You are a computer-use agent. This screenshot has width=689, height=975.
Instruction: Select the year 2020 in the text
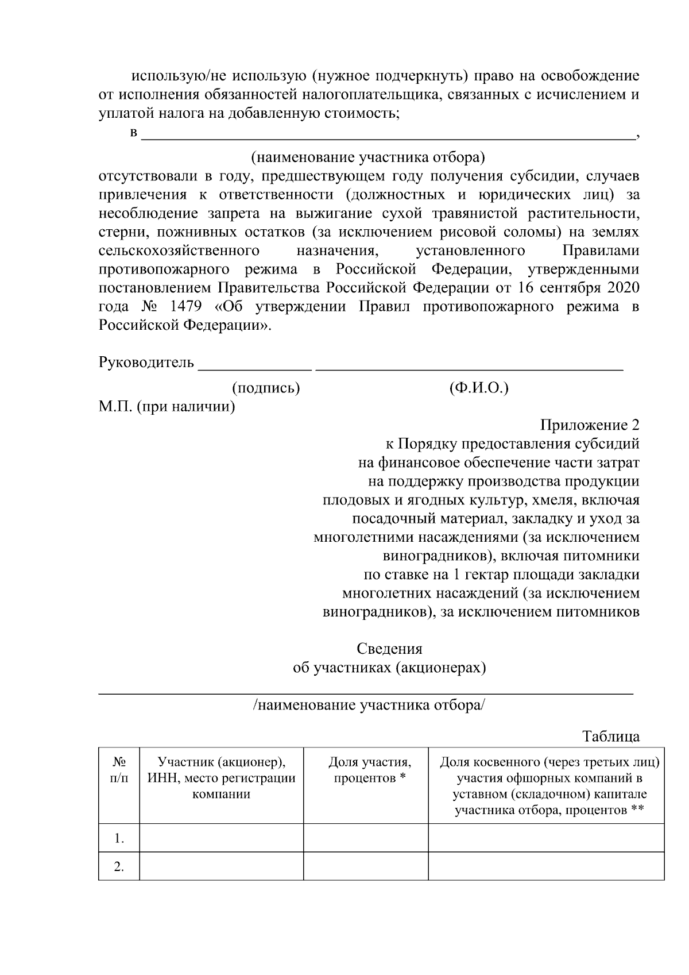[x=622, y=287]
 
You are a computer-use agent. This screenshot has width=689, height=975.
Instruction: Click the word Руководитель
[x=146, y=363]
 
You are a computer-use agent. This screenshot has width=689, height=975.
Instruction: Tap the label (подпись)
[x=266, y=388]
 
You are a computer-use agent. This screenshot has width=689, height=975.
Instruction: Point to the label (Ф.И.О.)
[x=479, y=388]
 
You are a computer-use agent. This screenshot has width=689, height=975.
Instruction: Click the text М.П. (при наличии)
[x=167, y=407]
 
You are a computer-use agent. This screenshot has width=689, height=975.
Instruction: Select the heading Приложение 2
[x=589, y=425]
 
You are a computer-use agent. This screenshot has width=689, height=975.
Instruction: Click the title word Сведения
[x=389, y=649]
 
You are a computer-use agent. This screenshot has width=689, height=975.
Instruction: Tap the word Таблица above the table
[x=611, y=736]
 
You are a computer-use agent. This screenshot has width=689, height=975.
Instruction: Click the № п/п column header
[x=119, y=770]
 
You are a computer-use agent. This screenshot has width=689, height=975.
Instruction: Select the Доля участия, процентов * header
[x=370, y=770]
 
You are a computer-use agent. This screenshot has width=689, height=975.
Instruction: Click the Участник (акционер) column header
[x=222, y=778]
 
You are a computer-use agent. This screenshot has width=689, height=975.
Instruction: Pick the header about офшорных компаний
[x=549, y=786]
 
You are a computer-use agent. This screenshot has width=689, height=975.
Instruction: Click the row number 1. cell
[x=119, y=838]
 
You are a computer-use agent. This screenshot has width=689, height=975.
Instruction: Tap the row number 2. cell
[x=119, y=866]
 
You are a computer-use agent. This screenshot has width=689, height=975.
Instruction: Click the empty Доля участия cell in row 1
[x=366, y=838]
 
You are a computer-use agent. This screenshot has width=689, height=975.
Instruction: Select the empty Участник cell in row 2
[x=222, y=866]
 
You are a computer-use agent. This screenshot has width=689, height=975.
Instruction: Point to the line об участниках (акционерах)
[x=389, y=668]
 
